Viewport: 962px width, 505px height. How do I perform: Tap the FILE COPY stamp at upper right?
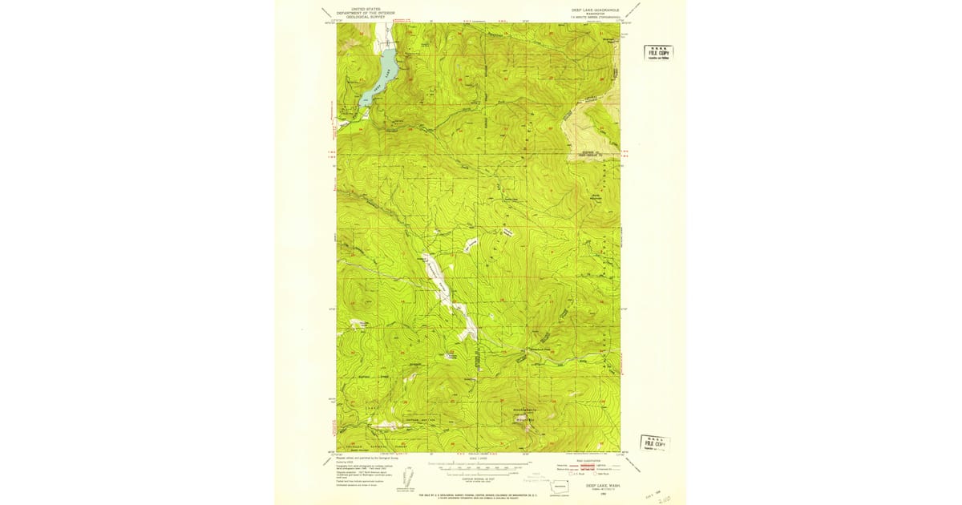[x=658, y=53]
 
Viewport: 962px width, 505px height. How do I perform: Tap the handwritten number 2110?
[x=665, y=498]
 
